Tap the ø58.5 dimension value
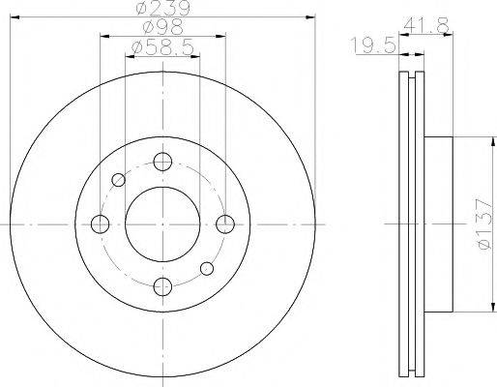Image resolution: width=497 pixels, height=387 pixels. click(x=161, y=45)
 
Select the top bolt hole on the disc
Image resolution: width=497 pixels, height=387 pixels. click(x=161, y=162)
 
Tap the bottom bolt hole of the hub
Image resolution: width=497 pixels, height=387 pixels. click(x=161, y=286)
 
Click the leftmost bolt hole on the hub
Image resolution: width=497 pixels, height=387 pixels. click(x=100, y=224)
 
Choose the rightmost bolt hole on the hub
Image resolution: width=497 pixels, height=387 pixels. click(x=224, y=224)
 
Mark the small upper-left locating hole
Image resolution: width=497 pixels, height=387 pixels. click(x=119, y=179)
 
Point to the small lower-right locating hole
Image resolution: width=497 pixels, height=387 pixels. click(x=205, y=269)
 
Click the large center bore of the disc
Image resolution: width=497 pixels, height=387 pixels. click(x=161, y=224)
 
